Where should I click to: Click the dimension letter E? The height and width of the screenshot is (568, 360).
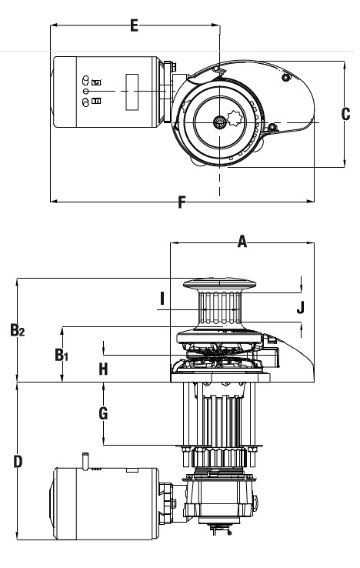[x=134, y=26]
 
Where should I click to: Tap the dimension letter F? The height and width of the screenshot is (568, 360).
[x=182, y=202]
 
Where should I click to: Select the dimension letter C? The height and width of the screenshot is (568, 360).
[x=346, y=114]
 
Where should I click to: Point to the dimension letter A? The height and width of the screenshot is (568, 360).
[x=242, y=242]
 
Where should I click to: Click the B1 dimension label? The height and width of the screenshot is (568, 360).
[x=62, y=355]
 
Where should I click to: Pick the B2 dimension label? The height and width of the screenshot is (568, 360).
[x=18, y=330]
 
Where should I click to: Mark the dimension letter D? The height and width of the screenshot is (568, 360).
[x=18, y=462]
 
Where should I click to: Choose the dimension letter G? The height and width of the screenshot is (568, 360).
[x=103, y=413]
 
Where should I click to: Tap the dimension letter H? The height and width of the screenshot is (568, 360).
[x=103, y=369]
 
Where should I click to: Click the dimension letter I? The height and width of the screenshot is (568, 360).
[x=162, y=298]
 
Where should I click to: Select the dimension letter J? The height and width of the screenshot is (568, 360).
[x=301, y=307]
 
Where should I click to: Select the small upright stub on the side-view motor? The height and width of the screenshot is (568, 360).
[x=87, y=459]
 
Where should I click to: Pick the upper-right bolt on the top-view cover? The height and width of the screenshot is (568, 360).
[x=285, y=77]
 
